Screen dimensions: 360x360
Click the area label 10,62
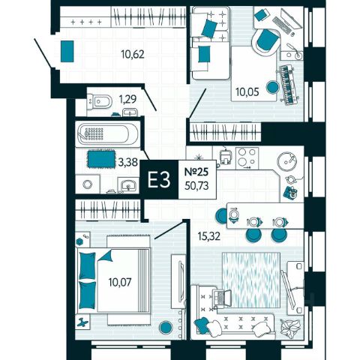(x=133, y=54)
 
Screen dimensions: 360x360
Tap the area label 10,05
(x=247, y=92)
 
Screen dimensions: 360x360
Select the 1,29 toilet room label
(x=127, y=100)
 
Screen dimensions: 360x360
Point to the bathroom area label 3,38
(x=128, y=163)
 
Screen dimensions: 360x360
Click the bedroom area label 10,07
(x=120, y=282)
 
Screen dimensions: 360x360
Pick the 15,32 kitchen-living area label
(x=209, y=235)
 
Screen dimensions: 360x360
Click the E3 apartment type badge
(x=159, y=179)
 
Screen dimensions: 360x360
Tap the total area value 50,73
(x=196, y=186)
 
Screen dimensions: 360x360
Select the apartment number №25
(x=196, y=172)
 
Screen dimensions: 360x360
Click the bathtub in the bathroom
(x=107, y=133)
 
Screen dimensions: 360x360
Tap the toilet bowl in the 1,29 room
(x=99, y=101)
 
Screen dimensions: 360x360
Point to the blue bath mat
(x=101, y=158)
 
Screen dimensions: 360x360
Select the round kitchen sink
(x=287, y=161)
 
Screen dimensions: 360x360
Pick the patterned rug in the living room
(x=251, y=280)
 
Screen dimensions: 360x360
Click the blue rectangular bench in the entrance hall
(x=67, y=51)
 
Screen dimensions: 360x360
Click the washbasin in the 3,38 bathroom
(x=128, y=185)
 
